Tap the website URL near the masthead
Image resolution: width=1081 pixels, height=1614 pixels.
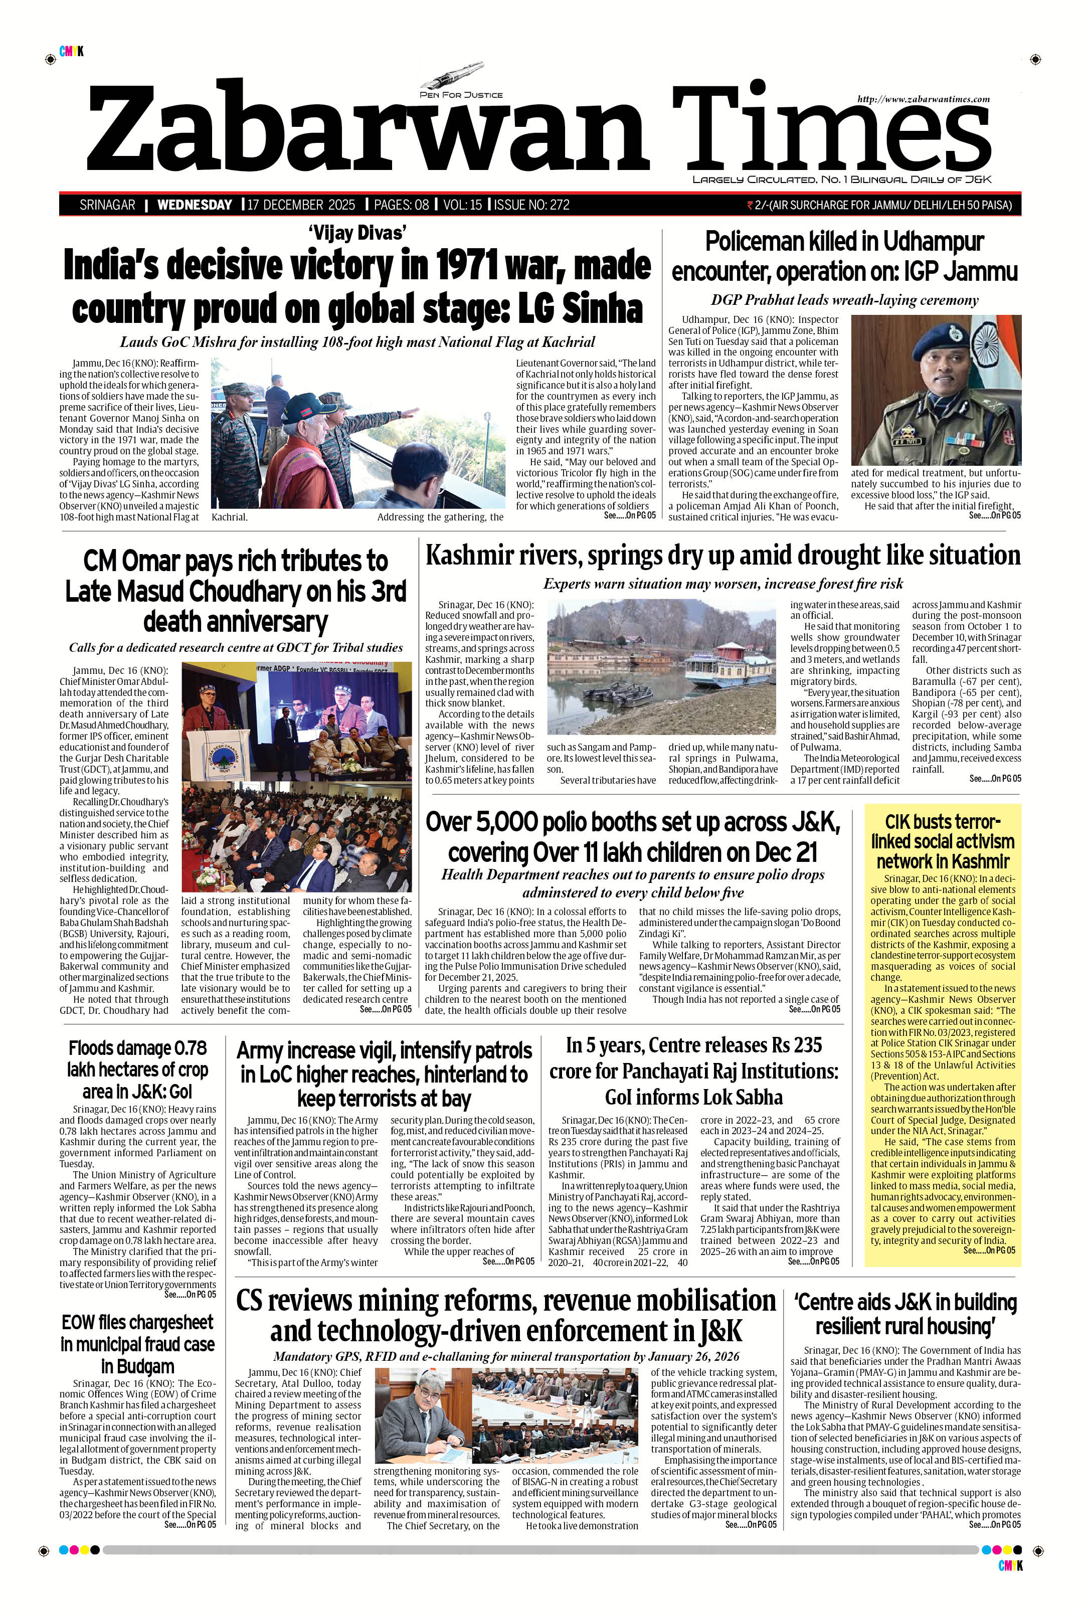point(923,99)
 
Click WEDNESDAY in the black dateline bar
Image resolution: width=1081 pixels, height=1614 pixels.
point(195,205)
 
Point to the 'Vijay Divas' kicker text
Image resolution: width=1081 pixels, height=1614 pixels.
point(356,233)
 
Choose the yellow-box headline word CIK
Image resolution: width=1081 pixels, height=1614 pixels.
point(900,822)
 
